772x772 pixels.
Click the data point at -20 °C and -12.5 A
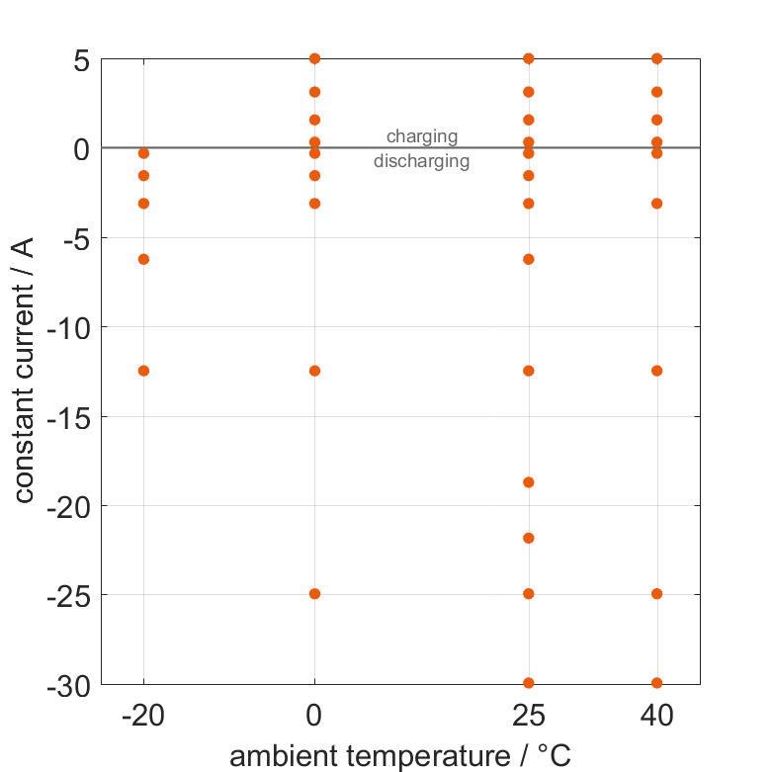tap(143, 371)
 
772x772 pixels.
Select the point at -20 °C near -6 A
tap(143, 259)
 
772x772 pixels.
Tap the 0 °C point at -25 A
tap(314, 594)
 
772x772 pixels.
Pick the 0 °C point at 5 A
tap(314, 58)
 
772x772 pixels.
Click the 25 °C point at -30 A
tap(528, 683)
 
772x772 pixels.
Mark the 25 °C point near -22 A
tap(528, 538)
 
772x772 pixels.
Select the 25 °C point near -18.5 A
tap(528, 482)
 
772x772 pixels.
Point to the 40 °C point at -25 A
tap(656, 594)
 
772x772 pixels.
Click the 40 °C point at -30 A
tap(656, 683)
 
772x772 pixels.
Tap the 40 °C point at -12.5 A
tap(656, 371)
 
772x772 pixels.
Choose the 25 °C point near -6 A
tap(528, 259)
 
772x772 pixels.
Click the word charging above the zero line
tap(421, 136)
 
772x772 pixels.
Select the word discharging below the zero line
tap(421, 160)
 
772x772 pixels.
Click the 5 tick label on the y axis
tap(80, 59)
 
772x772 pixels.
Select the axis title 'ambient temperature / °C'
tap(400, 756)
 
